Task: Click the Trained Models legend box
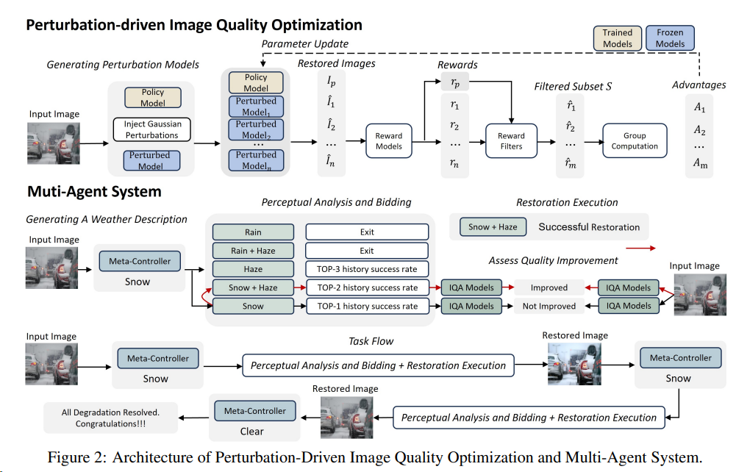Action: coord(617,38)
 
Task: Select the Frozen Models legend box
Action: coord(670,38)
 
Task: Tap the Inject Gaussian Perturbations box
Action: coord(151,130)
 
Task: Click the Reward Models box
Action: coord(389,141)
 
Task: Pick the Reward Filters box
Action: coord(511,141)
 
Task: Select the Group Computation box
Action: coord(635,141)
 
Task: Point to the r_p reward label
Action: coord(455,85)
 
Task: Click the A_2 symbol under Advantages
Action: coord(699,132)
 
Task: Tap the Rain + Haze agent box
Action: coord(252,251)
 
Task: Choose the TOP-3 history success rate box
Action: coord(367,269)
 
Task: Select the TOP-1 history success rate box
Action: coord(367,306)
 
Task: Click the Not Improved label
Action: coord(548,306)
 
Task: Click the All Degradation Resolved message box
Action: coord(110,418)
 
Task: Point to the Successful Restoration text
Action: coord(589,226)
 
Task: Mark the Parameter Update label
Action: coord(305,44)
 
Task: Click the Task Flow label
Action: coord(371,341)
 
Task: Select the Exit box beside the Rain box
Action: coord(367,232)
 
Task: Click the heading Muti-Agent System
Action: coord(94,193)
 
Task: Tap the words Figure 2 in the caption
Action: coord(76,458)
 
